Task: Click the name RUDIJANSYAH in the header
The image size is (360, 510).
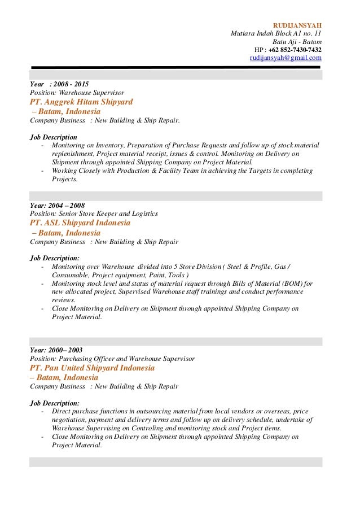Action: (297, 25)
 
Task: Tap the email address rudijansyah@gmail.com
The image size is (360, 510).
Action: (286, 58)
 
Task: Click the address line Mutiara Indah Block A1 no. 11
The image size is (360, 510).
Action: (276, 33)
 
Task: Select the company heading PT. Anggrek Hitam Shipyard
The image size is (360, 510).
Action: (81, 102)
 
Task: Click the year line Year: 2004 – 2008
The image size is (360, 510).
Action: (57, 206)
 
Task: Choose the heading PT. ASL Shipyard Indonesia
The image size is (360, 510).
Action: (80, 223)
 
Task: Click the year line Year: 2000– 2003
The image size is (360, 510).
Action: (56, 350)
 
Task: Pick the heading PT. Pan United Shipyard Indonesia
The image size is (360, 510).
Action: (92, 368)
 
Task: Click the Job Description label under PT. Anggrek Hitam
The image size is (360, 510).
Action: (54, 137)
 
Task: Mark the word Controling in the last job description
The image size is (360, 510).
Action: (150, 428)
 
